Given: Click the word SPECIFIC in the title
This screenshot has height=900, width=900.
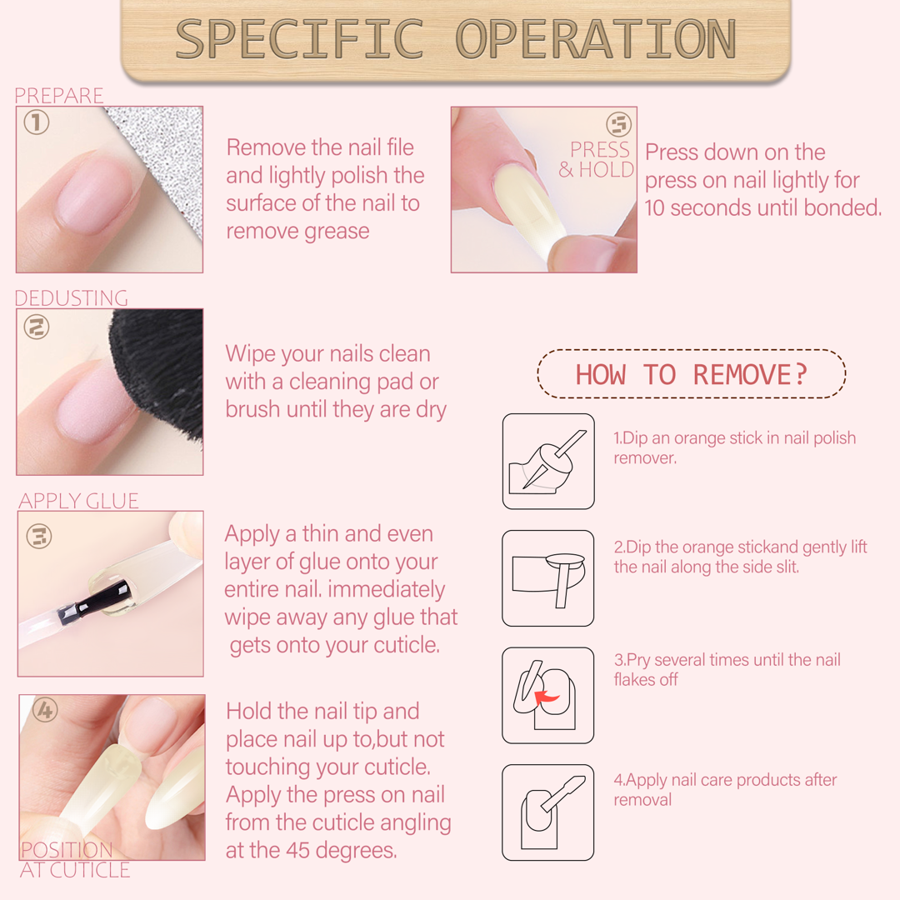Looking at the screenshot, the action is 300,39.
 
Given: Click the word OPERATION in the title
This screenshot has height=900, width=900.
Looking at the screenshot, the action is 596,39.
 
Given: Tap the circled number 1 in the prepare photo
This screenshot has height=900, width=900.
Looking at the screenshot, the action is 36,122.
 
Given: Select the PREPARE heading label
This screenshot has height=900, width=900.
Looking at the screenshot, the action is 58,95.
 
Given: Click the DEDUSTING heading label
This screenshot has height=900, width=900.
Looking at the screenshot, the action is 71,297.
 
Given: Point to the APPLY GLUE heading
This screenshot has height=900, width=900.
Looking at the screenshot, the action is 78,501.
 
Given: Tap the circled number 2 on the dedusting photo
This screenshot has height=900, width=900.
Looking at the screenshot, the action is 36,327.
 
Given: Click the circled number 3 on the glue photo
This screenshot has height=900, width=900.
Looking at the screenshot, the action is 39,537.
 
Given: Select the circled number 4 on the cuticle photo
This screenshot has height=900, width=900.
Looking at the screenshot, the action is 45,711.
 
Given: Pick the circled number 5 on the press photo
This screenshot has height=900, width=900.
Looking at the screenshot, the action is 618,123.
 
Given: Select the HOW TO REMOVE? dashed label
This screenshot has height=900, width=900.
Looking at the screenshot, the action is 692,373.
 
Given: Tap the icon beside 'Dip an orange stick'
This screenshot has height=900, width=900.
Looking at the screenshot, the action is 548,461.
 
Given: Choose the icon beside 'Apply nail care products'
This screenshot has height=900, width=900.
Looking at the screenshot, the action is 548,812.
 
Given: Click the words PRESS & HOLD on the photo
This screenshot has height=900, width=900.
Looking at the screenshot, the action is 597,159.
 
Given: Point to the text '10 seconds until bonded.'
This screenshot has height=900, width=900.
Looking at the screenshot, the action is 762,207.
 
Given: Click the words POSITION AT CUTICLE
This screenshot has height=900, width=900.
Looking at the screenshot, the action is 75,860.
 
